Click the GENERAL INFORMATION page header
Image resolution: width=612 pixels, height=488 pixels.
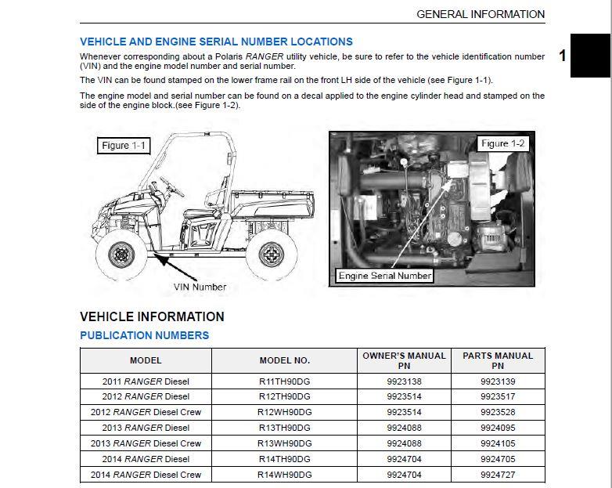tap(481, 14)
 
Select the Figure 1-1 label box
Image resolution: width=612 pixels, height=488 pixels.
tap(123, 146)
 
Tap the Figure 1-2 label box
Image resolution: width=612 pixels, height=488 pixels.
tap(502, 143)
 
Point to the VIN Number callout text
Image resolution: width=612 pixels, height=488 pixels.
tap(200, 287)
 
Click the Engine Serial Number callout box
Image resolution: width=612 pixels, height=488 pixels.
tap(385, 275)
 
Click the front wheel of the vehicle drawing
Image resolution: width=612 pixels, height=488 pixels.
tap(121, 255)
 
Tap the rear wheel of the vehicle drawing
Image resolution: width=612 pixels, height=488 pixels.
tap(271, 255)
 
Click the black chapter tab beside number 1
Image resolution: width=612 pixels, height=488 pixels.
tap(591, 56)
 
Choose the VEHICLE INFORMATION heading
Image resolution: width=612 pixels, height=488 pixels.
tap(152, 316)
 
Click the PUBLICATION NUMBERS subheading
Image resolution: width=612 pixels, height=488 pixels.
tap(144, 335)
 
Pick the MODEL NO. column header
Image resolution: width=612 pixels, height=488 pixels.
tap(285, 360)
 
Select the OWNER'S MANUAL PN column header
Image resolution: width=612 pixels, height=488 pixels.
tap(404, 360)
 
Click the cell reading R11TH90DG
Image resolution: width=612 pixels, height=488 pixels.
tap(285, 381)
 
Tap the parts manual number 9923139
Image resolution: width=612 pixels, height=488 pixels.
tap(498, 381)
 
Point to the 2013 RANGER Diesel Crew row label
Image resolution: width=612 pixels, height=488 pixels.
tap(146, 443)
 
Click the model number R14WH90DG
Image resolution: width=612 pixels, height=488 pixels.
tap(285, 475)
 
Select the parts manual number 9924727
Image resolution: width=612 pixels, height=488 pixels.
tap(498, 475)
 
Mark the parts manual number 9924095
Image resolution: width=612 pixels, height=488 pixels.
tap(498, 428)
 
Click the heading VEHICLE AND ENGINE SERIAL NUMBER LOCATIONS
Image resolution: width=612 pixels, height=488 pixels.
tap(216, 42)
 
